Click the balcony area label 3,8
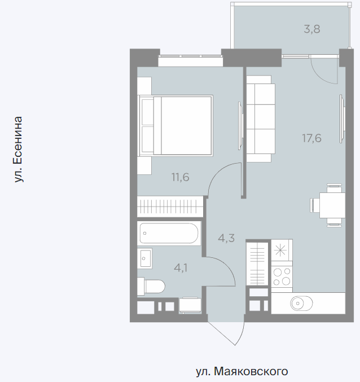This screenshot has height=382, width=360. pyautogui.click(x=312, y=29)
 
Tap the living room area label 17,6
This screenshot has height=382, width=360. pyautogui.click(x=311, y=138)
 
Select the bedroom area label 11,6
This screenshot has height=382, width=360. pyautogui.click(x=180, y=177)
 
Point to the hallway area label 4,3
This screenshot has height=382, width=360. pyautogui.click(x=226, y=238)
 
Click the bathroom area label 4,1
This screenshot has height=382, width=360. pyautogui.click(x=181, y=268)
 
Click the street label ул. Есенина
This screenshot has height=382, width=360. pyautogui.click(x=18, y=150)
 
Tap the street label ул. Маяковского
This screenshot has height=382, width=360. pyautogui.click(x=242, y=371)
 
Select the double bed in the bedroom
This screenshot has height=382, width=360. pyautogui.click(x=175, y=125)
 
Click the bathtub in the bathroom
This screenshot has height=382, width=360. pyautogui.click(x=169, y=233)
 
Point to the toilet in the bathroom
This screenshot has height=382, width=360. pyautogui.click(x=151, y=287)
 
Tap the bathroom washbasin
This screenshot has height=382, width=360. pyautogui.click(x=144, y=258)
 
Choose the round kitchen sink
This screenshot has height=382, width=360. pyautogui.click(x=301, y=304)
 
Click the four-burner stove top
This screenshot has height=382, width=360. pyautogui.click(x=282, y=276)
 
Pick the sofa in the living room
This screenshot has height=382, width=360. pyautogui.click(x=261, y=118)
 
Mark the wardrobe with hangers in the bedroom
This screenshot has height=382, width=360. pyautogui.click(x=170, y=207)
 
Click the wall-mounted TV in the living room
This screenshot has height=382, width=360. pyautogui.click(x=342, y=118)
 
